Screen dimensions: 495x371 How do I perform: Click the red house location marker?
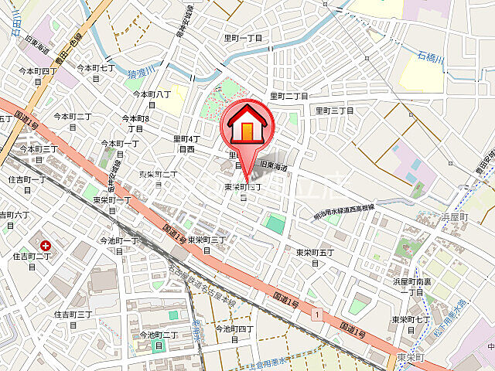[x=247, y=127]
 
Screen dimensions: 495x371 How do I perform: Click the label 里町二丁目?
[x=288, y=96]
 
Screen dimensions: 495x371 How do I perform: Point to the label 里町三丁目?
[x=333, y=111]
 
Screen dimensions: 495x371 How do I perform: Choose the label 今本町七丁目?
[x=96, y=73]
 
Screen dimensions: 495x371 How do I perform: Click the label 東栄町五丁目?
[x=315, y=257]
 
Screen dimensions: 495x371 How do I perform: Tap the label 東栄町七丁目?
[x=411, y=324]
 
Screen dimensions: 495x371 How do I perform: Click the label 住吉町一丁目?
[x=27, y=185]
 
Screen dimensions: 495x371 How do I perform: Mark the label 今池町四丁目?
[x=234, y=334]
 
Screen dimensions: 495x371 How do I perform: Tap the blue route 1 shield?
[x=316, y=313]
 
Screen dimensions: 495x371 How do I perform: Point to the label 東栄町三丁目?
[x=207, y=245]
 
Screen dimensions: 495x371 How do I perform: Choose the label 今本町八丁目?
[x=152, y=99]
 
